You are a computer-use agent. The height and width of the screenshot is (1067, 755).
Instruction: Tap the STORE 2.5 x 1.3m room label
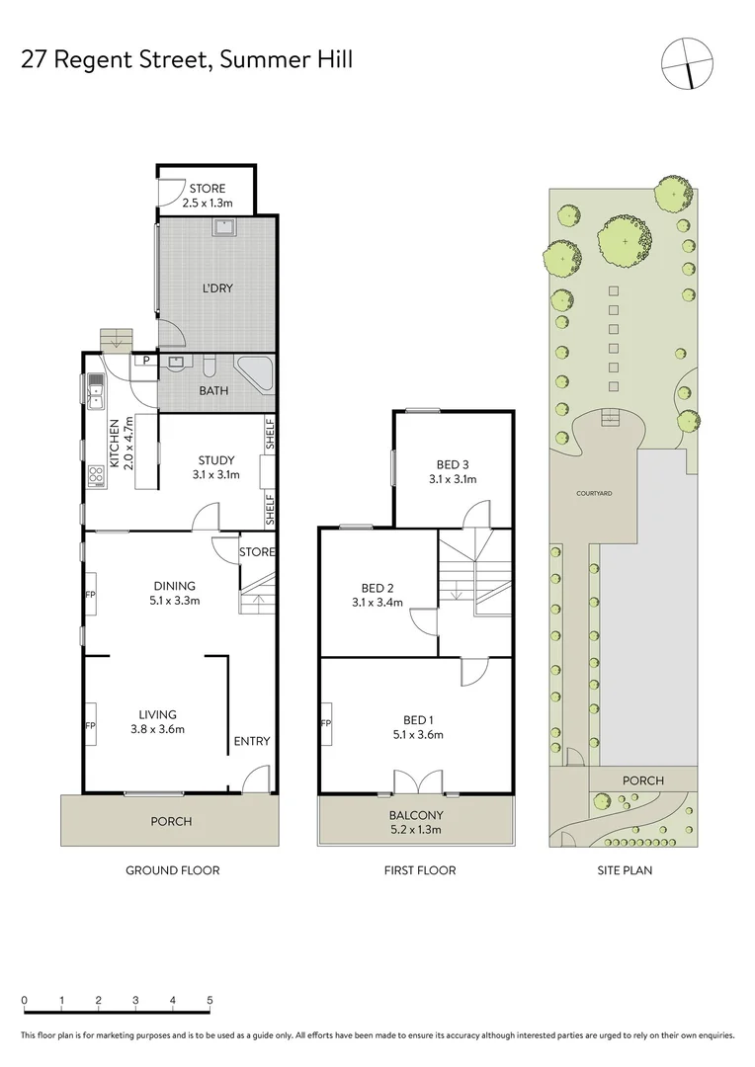pos(208,196)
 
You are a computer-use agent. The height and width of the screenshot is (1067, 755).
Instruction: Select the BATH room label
pos(213,390)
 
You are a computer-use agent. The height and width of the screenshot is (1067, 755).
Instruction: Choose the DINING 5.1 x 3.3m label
pos(174,593)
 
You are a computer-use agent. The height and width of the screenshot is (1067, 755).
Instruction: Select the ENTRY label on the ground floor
pos(251,742)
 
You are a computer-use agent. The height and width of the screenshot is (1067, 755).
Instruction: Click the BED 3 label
pos(453,472)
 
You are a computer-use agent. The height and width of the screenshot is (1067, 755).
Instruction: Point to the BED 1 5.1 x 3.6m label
pos(416,726)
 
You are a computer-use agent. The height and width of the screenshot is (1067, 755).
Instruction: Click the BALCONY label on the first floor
pos(415,822)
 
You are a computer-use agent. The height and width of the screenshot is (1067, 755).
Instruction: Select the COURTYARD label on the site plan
pos(596,492)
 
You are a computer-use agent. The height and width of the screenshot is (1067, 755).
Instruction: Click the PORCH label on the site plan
pos(642,780)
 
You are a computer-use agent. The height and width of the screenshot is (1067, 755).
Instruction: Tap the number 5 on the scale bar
pos(210,1000)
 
